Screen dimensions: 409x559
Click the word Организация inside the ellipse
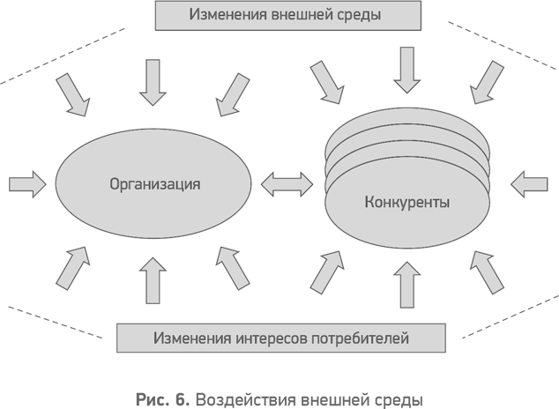coord(155,185)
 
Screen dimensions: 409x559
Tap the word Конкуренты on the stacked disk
coord(406,203)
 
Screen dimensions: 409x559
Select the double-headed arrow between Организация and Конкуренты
coord(287,184)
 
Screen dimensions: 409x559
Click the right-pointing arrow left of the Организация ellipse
coord(26,184)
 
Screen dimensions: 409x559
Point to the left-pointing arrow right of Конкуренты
coord(529,184)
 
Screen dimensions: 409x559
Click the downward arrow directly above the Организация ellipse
coord(153,81)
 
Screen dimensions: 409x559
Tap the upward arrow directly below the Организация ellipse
coord(153,280)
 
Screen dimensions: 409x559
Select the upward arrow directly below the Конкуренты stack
coord(406,284)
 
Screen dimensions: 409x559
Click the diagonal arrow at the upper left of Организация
coord(72,93)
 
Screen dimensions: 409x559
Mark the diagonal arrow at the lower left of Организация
coord(72,268)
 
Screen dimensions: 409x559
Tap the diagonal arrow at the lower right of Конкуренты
coord(488,271)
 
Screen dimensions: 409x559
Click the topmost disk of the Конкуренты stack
coord(406,127)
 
